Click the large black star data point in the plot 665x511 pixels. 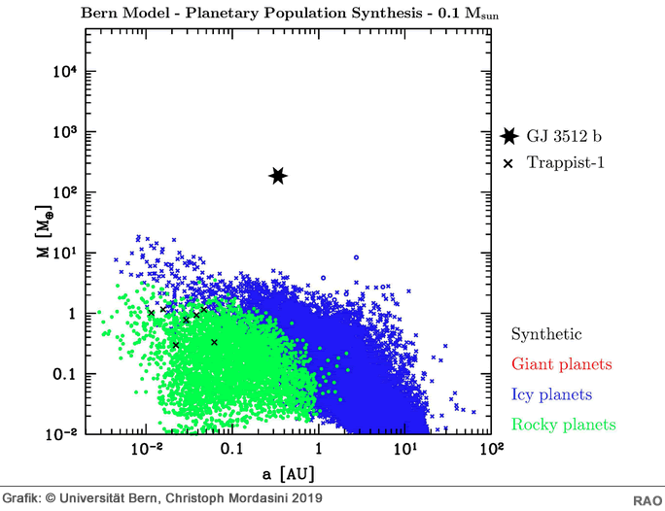[278, 176]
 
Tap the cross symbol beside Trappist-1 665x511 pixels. [508, 163]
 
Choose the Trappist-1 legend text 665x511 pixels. [566, 163]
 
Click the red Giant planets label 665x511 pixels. [562, 364]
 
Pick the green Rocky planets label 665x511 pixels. [563, 425]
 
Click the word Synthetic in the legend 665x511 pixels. [546, 334]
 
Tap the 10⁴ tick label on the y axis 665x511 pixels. [65, 72]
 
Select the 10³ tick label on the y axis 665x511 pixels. [65, 132]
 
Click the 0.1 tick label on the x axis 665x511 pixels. [231, 450]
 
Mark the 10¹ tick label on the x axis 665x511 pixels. [404, 448]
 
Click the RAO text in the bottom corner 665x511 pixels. [647, 499]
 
